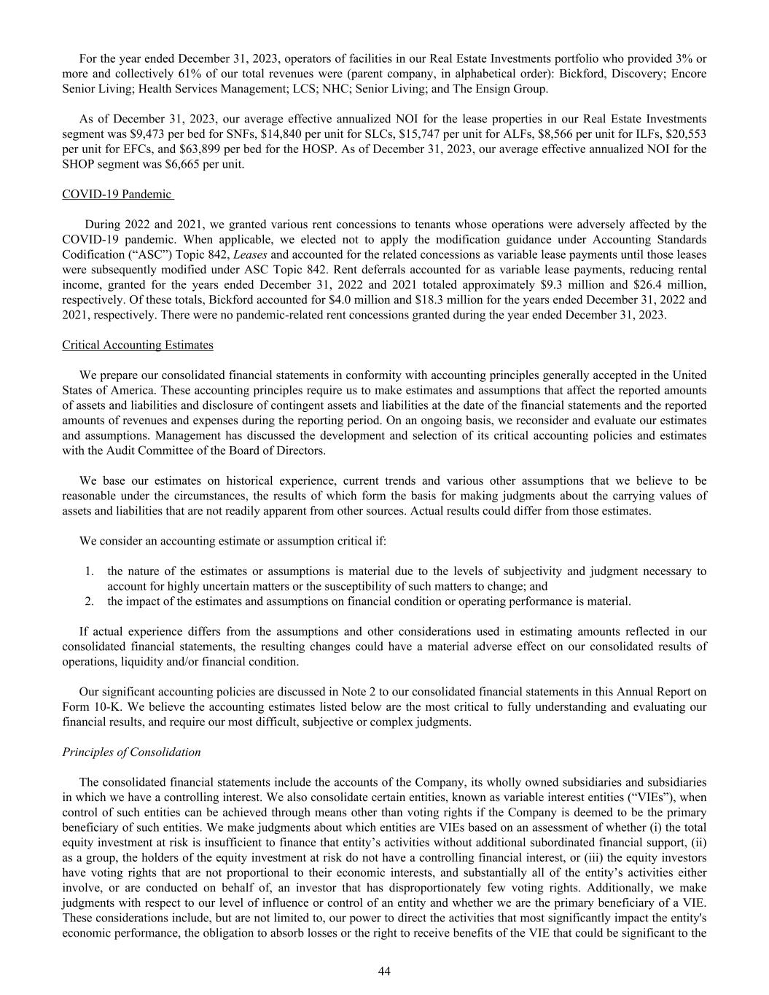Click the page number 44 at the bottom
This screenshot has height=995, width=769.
(384, 971)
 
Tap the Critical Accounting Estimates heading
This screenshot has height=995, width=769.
(138, 345)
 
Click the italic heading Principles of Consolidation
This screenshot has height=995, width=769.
(131, 752)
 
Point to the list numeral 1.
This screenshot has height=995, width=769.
(89, 571)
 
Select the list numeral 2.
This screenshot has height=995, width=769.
(89, 601)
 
